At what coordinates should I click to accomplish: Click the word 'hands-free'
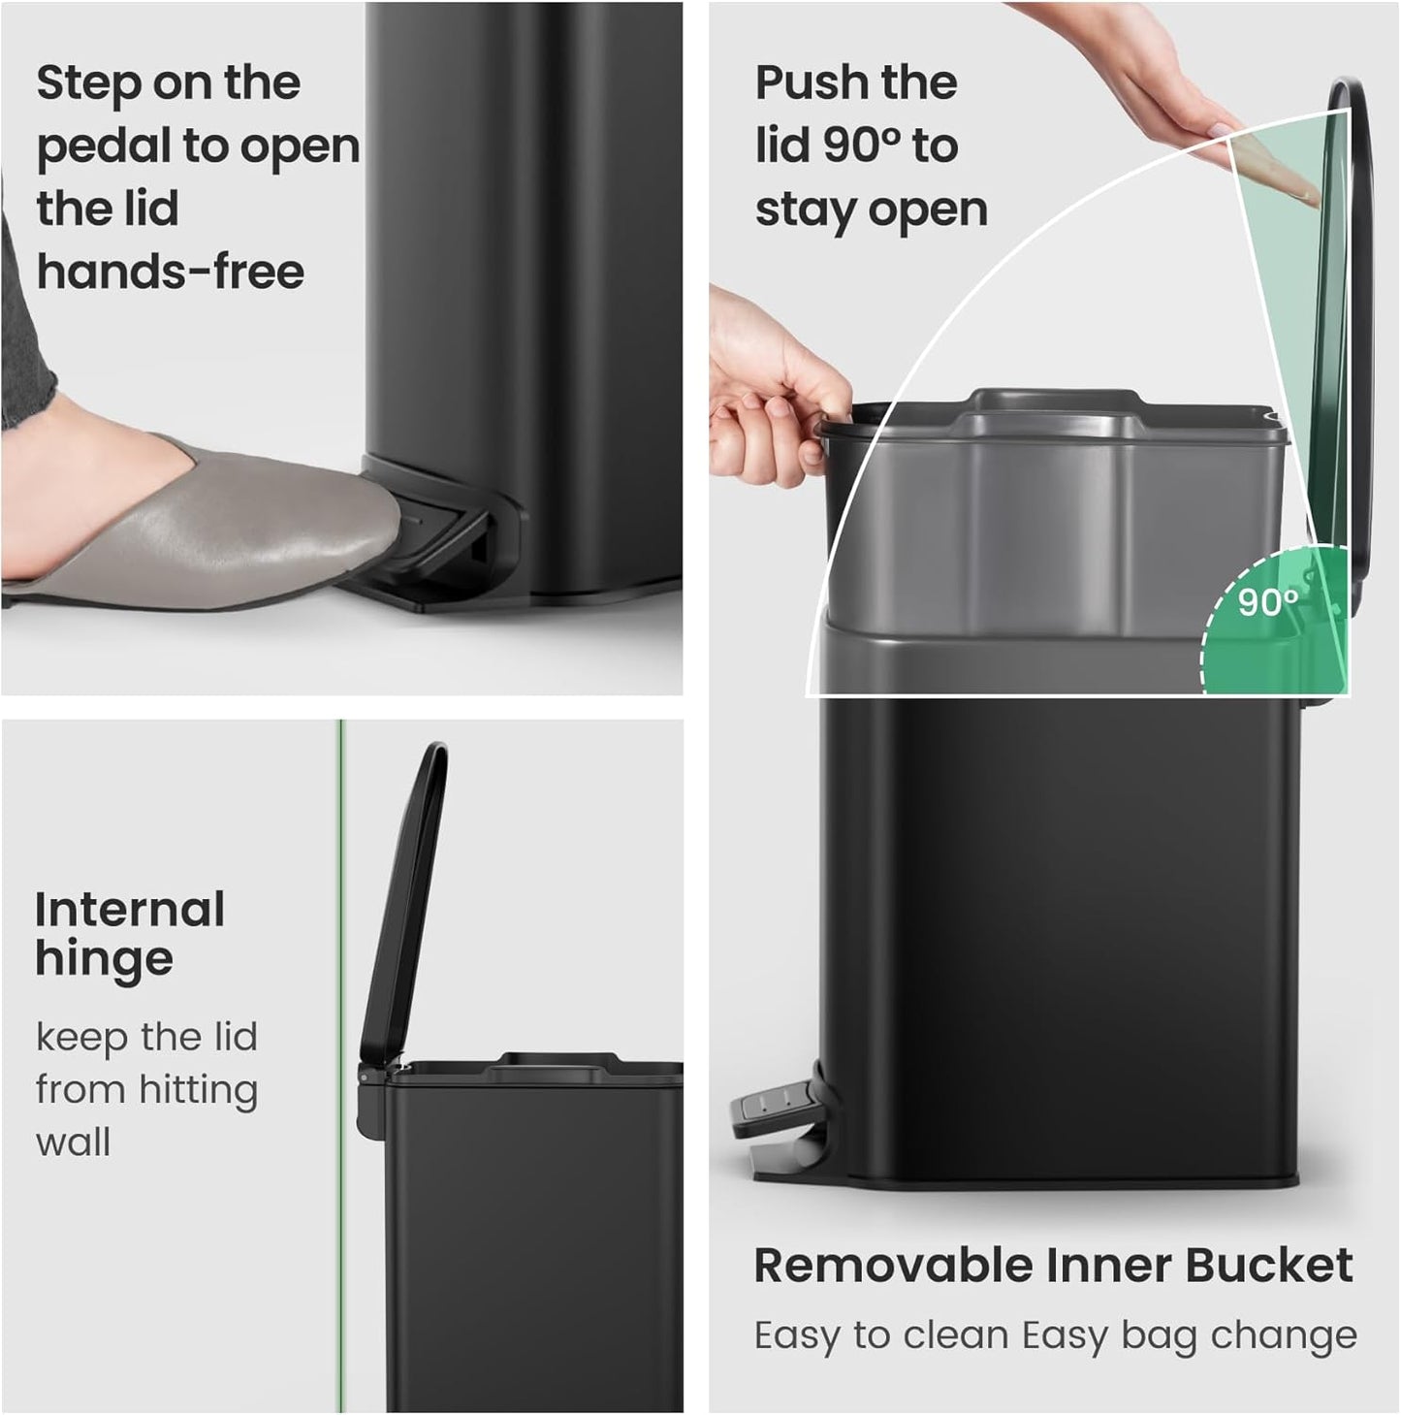click(x=171, y=272)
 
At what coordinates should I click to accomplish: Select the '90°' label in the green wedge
click(x=1268, y=602)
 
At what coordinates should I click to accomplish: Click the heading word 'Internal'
click(x=130, y=910)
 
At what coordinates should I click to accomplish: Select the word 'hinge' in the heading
click(x=105, y=960)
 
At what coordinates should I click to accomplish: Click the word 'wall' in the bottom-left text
click(x=74, y=1142)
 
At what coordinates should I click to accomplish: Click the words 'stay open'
click(x=872, y=210)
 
